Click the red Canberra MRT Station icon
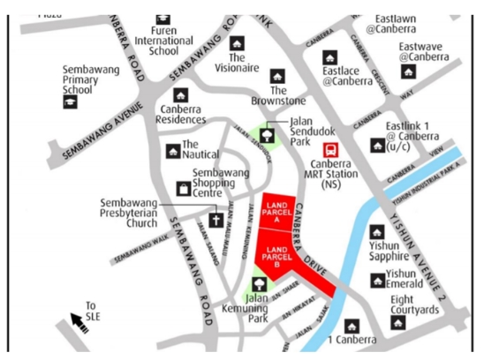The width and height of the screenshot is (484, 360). click(331, 150)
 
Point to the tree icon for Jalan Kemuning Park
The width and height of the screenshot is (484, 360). click(260, 284)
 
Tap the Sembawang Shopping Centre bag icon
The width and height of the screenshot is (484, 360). click(184, 187)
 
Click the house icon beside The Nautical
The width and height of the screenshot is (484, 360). click(173, 152)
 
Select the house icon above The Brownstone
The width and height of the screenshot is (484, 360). click(278, 76)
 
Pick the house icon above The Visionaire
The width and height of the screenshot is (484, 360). click(237, 42)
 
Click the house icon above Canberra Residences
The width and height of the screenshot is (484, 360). click(182, 94)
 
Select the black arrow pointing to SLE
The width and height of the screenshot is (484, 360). click(79, 323)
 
